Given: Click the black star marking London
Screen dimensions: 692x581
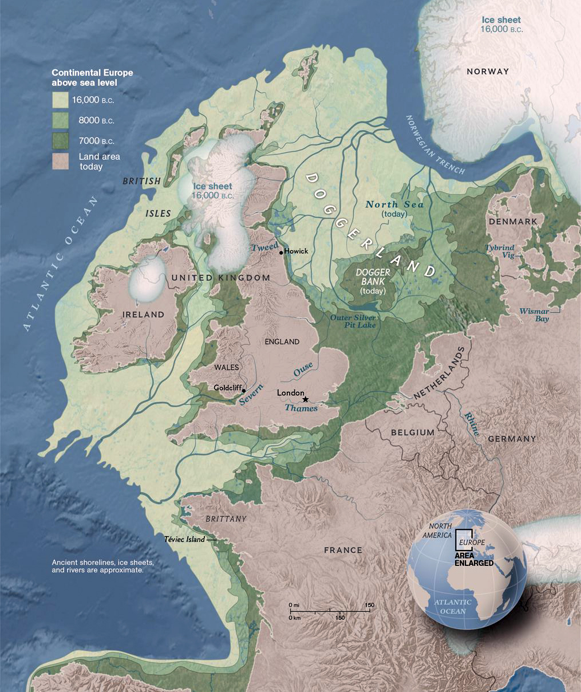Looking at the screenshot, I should coord(306,399).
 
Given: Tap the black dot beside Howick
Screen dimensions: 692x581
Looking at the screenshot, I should coord(281,252).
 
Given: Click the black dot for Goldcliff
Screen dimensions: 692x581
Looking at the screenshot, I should coord(244,391).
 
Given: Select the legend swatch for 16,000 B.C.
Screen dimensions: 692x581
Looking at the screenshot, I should coord(60,100).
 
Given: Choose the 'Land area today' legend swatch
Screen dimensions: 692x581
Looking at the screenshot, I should coord(60,161).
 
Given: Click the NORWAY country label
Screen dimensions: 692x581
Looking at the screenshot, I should coord(487,72).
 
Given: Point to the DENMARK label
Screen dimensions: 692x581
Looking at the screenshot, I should coord(512,221).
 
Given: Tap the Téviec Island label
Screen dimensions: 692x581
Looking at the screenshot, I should coord(184,540).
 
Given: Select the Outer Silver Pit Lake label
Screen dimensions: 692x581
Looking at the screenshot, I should coord(353,321).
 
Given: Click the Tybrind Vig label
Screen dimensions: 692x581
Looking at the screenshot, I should coord(500,251).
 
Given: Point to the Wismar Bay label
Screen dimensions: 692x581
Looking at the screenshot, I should coord(534,315).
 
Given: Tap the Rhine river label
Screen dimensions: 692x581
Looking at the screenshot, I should coord(472,424).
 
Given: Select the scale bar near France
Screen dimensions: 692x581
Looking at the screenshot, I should coord(329,612).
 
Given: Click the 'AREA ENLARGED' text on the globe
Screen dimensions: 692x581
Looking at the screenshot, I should coord(474,559).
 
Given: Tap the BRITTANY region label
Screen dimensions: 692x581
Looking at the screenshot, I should coord(226,519).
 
